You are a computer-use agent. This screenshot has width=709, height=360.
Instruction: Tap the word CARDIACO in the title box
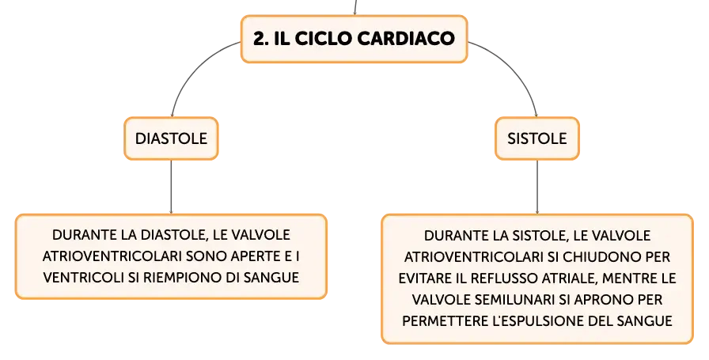click(406, 39)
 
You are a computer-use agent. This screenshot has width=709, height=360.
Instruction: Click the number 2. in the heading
click(261, 39)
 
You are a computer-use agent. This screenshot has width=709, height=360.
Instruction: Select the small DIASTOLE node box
click(172, 138)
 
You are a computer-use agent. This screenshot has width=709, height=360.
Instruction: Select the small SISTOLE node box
click(537, 138)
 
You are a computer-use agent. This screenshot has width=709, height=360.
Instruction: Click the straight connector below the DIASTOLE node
click(172, 187)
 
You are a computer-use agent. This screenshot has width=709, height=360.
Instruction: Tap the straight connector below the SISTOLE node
click(537, 187)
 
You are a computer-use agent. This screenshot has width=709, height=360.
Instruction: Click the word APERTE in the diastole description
click(255, 256)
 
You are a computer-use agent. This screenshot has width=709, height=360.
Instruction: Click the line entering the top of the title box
click(356, 7)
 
